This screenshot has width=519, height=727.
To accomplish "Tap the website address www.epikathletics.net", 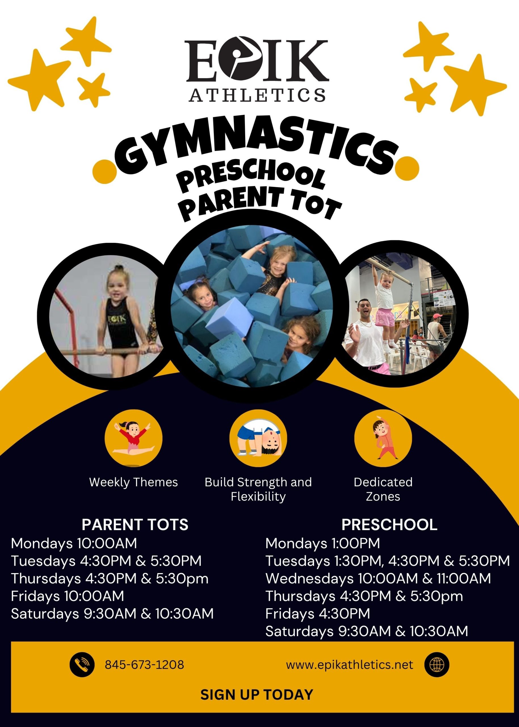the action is pyautogui.click(x=349, y=665).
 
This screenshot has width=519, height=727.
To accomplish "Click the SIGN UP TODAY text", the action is pyautogui.click(x=257, y=694).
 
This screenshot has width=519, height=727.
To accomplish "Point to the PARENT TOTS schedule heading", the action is pyautogui.click(x=135, y=525).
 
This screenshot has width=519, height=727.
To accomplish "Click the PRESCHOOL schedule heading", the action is pyautogui.click(x=389, y=525).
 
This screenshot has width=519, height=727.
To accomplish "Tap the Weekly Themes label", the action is pyautogui.click(x=133, y=482).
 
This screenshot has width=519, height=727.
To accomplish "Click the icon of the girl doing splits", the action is pyautogui.click(x=134, y=438).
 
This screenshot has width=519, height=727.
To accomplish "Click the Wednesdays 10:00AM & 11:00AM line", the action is pyautogui.click(x=378, y=578).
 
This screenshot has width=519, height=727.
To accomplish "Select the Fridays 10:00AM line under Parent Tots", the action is pyautogui.click(x=68, y=596).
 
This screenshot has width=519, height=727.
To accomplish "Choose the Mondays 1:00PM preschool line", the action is pyautogui.click(x=322, y=543).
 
